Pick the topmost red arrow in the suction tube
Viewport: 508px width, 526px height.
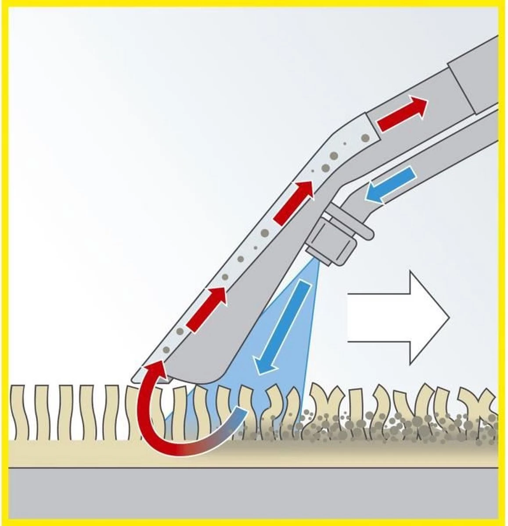tap(402, 114)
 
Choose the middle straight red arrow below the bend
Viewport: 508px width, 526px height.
tap(294, 202)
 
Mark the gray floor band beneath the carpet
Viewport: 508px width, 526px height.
tap(254, 491)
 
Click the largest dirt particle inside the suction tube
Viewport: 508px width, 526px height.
tap(334, 156)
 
